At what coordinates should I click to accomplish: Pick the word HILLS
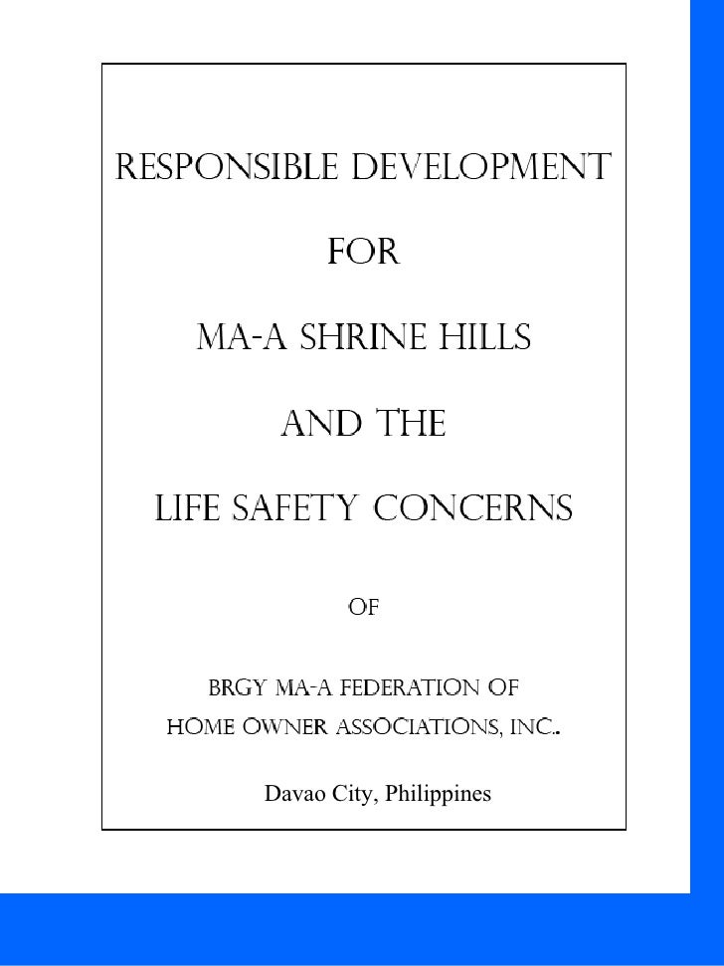pyautogui.click(x=484, y=340)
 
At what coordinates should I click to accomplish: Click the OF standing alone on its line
pyautogui.click(x=363, y=606)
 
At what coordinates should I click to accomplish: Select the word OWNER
pyautogui.click(x=288, y=732)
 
